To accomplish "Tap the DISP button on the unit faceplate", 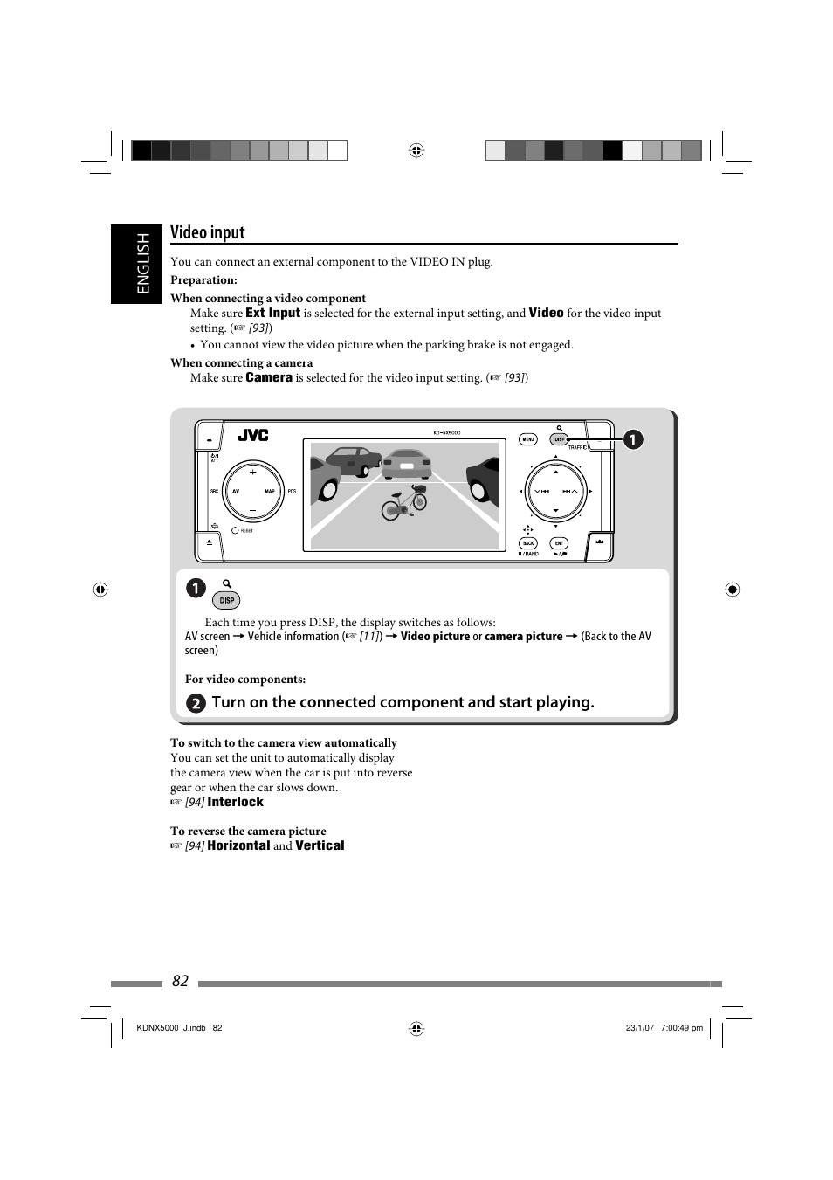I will tap(560, 439).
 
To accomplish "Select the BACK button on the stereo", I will tap(528, 543).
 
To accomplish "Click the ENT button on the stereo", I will tap(559, 543).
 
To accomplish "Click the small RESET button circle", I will tap(235, 530).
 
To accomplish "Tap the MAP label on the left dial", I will tap(270, 491).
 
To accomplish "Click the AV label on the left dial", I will tap(236, 491).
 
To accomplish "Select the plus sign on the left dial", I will tap(253, 472).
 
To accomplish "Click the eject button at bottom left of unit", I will tap(210, 542).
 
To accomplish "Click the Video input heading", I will tap(208, 232).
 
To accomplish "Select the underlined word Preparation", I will tap(203, 280).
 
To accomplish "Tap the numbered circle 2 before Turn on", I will tap(196, 703).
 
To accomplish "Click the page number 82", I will tap(180, 981).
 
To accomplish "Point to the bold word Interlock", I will tap(235, 802).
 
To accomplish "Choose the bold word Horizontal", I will tap(238, 845).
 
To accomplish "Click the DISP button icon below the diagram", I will tap(227, 600).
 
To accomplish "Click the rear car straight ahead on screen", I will tap(407, 463).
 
